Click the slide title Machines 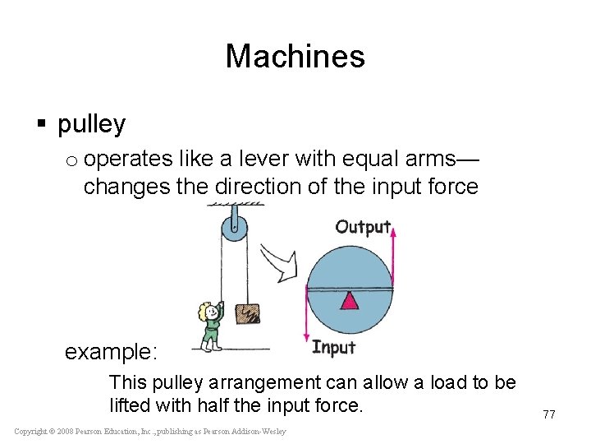coord(295,57)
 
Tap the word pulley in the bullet coord(91,125)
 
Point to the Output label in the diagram coord(362,227)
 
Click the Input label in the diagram coord(333,348)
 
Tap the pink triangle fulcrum coord(350,300)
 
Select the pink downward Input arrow coord(306,317)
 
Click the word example coord(112,353)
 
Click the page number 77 coord(548,414)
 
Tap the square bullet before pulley coord(41,125)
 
